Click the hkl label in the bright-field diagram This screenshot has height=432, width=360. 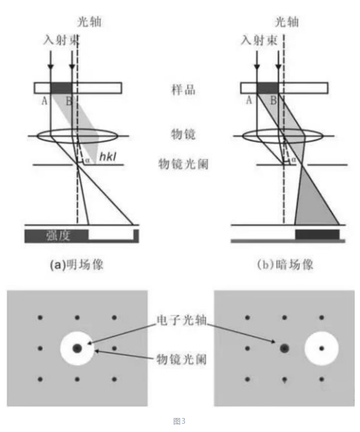107,156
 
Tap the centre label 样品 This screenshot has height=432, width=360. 183,90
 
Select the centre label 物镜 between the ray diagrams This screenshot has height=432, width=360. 183,135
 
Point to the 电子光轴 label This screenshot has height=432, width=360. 181,320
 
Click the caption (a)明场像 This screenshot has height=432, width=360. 77,265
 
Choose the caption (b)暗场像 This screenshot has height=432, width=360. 285,265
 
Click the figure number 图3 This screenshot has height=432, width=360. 179,421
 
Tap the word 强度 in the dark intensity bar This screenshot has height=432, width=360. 58,236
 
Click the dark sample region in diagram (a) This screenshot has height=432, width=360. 61,88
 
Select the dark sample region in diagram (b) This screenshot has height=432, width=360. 267,88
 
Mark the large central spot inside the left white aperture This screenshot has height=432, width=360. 77,349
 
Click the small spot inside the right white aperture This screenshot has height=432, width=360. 322,349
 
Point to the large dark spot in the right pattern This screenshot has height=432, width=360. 284,349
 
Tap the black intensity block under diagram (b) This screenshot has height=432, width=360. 318,235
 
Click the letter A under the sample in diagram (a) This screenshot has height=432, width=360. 45,101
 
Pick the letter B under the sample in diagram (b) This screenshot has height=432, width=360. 273,100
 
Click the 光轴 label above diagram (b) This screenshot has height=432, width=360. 287,22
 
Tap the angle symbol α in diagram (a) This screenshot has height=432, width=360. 88,160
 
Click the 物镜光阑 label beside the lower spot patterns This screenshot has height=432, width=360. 181,359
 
